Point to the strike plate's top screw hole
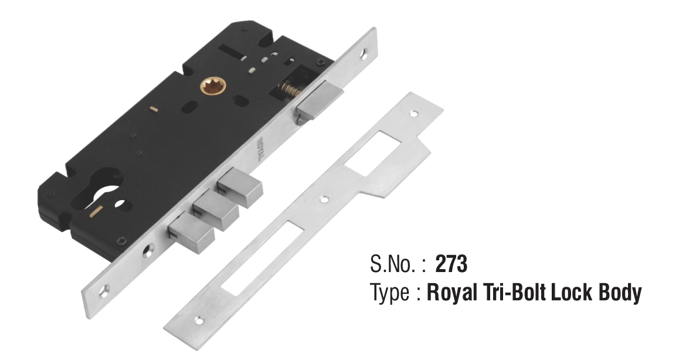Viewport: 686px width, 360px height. [415, 113]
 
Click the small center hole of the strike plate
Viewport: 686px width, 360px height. [322, 199]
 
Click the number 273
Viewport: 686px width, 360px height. [451, 265]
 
